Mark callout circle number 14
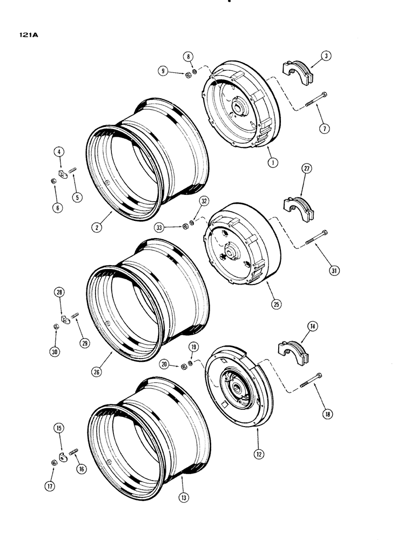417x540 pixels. (x=312, y=326)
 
